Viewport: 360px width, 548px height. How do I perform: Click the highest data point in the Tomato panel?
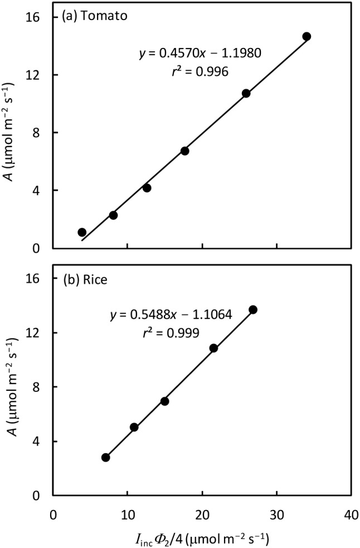(x=307, y=36)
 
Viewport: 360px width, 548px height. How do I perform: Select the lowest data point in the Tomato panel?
(x=82, y=232)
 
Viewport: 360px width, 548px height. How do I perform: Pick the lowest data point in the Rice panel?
(x=106, y=457)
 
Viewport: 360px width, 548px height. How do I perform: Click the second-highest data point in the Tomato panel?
(x=246, y=93)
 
